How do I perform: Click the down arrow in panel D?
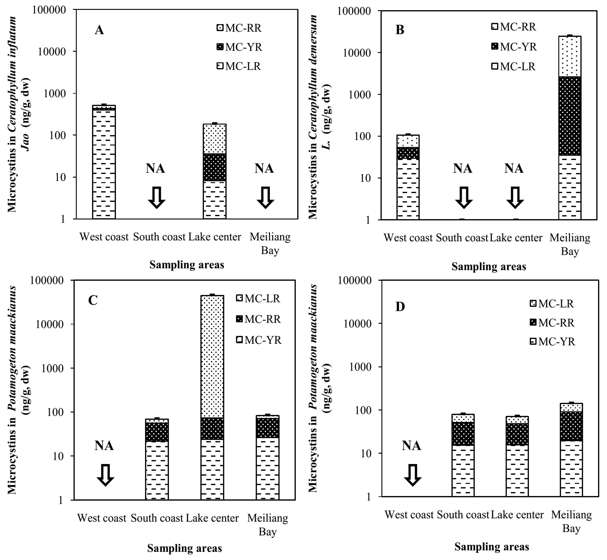(x=413, y=475)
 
